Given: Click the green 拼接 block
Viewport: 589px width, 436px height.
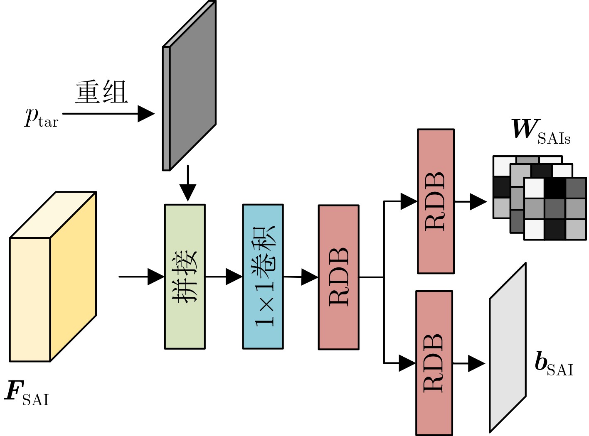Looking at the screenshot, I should (x=185, y=277).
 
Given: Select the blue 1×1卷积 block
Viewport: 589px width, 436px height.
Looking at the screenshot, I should (x=263, y=277).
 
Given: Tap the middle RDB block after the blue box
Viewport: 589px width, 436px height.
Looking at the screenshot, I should (x=338, y=277).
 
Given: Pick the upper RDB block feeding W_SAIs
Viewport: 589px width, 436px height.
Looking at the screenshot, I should (x=436, y=201).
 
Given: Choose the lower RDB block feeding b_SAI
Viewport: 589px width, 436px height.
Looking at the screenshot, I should (x=434, y=363).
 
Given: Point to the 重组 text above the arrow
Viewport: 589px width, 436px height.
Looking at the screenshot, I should (x=101, y=92).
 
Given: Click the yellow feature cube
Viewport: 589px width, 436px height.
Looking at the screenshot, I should (x=53, y=277).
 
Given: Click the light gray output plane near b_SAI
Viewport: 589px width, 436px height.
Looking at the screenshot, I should (x=508, y=347).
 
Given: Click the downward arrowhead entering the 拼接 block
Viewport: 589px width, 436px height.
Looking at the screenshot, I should (x=188, y=193).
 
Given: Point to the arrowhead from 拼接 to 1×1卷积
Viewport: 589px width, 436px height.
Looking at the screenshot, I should (x=234, y=277).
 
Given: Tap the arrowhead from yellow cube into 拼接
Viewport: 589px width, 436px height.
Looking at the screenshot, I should (x=156, y=277).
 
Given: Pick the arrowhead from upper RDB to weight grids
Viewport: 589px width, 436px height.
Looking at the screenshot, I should (x=478, y=202).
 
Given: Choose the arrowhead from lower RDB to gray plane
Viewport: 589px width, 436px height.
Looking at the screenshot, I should (x=476, y=364).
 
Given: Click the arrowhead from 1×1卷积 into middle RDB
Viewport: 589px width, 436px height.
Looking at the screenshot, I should (x=310, y=277).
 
